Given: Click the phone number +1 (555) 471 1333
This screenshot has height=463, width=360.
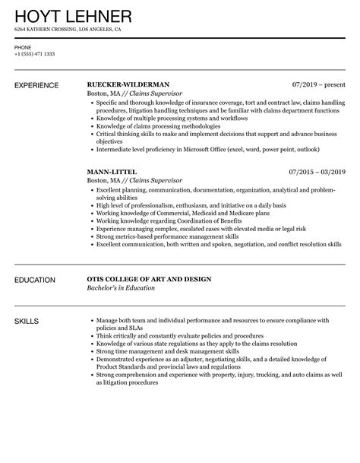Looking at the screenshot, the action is pyautogui.click(x=34, y=55).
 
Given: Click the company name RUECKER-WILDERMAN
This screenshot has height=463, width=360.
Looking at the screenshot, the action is pyautogui.click(x=128, y=84).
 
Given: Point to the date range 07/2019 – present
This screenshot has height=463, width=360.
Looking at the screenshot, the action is pyautogui.click(x=318, y=84).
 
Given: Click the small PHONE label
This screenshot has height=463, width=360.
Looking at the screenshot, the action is pyautogui.click(x=23, y=47).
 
